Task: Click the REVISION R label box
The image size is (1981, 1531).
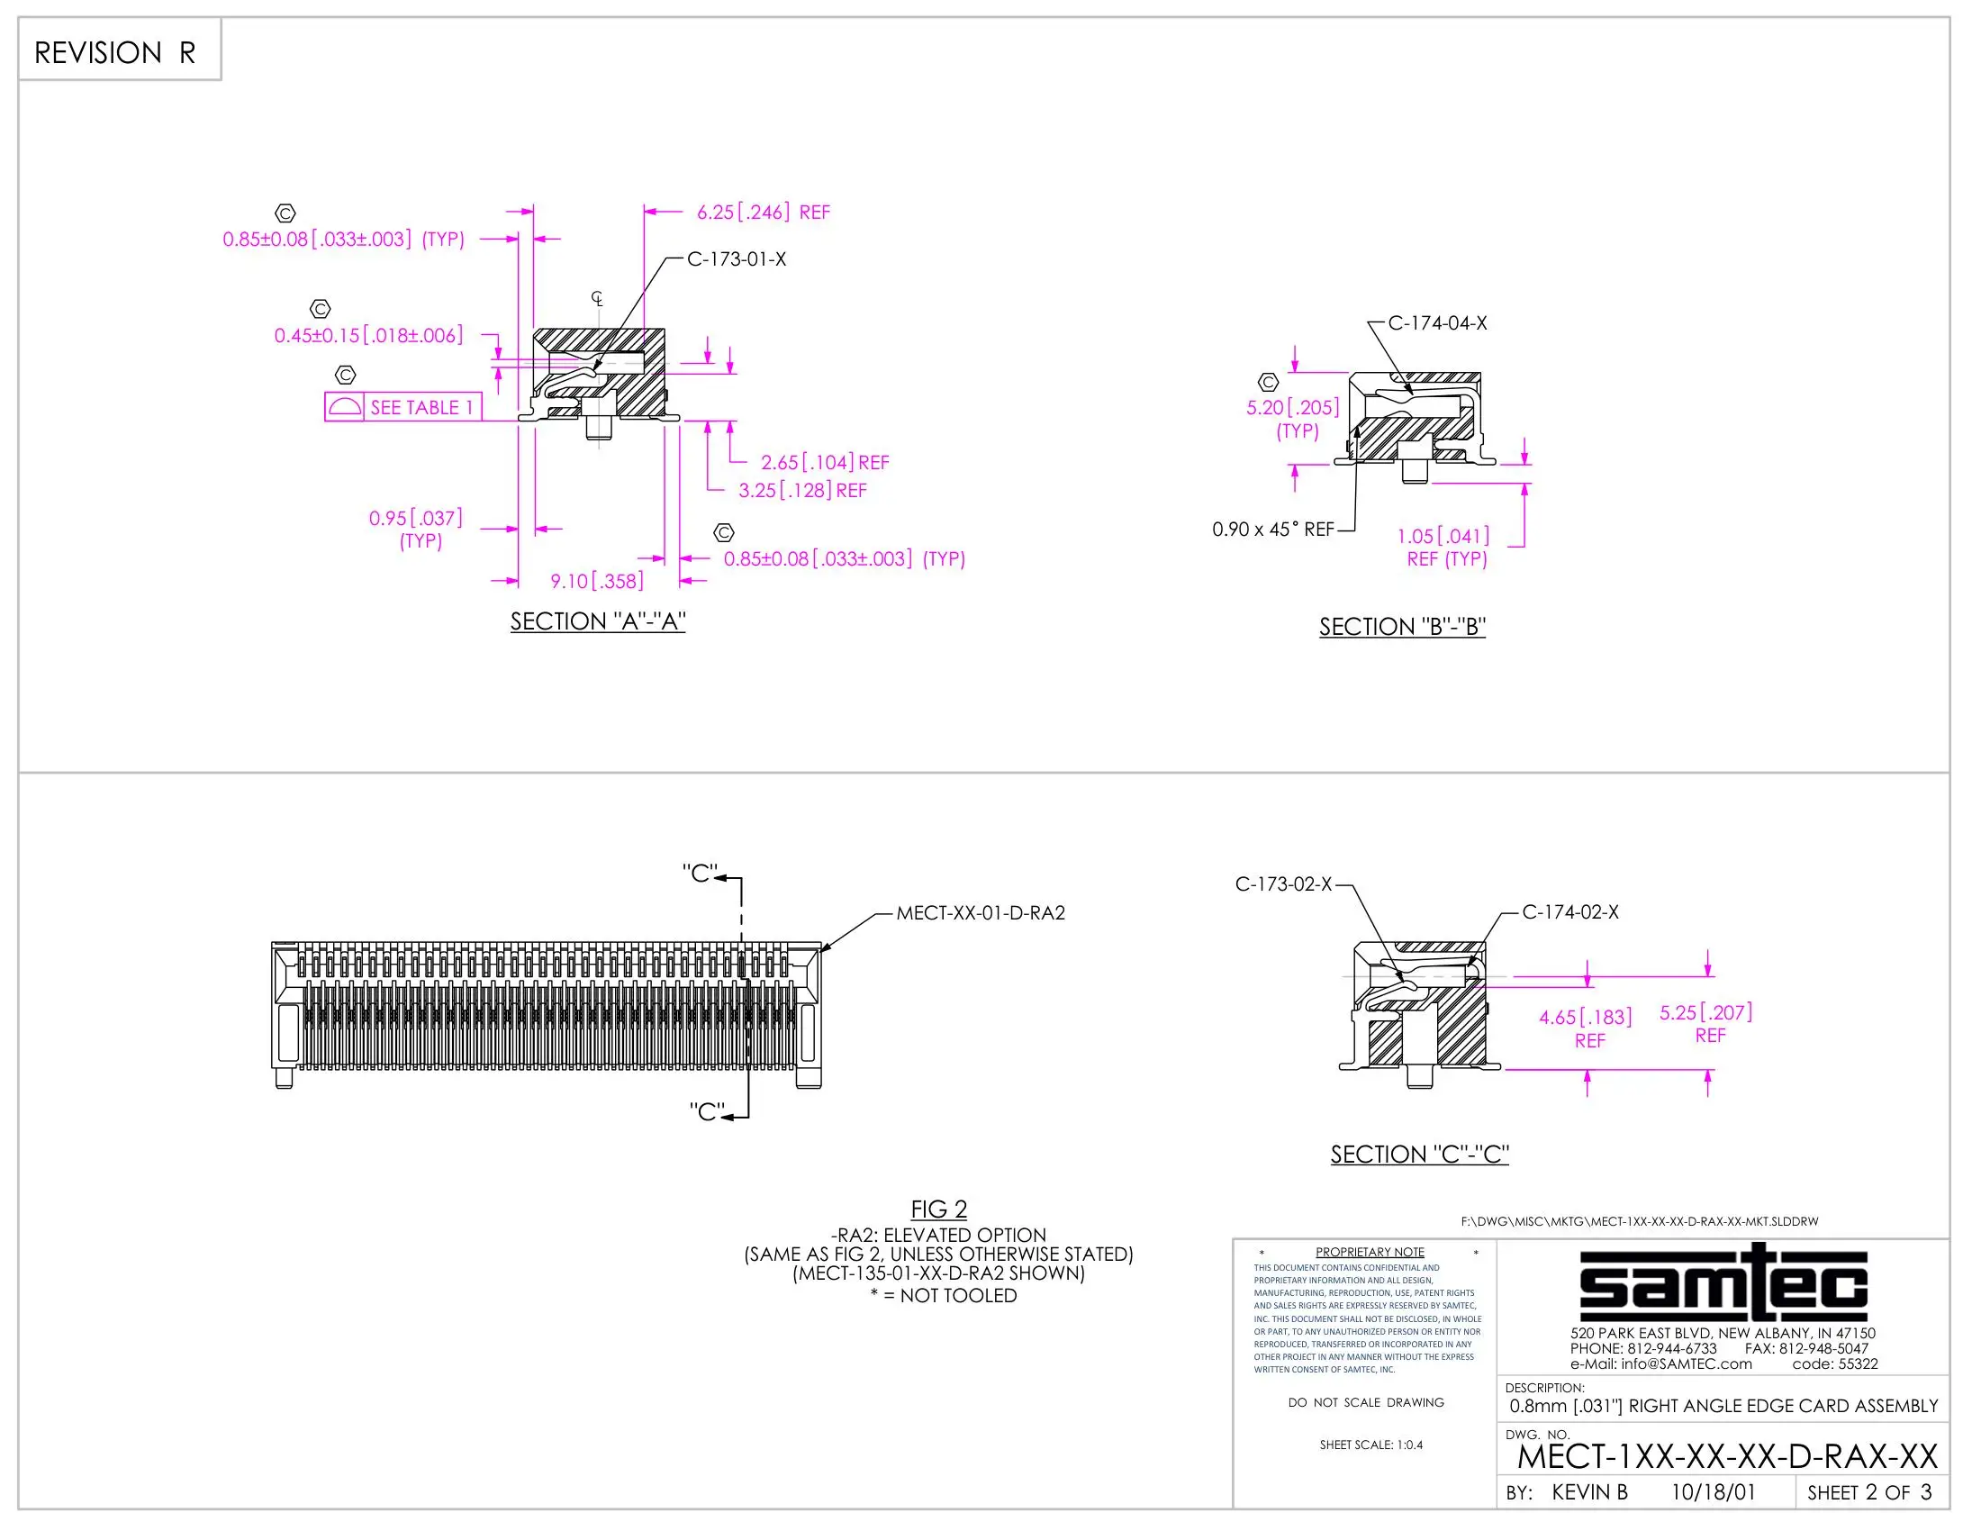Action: click(x=120, y=50)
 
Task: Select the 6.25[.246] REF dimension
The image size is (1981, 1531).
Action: click(x=763, y=213)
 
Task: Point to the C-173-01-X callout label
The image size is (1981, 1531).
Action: click(x=737, y=259)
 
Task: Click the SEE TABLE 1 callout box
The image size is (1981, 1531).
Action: click(x=403, y=407)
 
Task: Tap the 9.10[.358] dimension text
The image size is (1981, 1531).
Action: click(x=597, y=582)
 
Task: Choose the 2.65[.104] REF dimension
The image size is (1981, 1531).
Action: click(x=825, y=463)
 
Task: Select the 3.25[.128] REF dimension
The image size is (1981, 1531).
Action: click(x=801, y=491)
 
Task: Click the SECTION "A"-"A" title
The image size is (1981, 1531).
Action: click(x=598, y=621)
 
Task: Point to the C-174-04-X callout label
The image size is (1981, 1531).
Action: click(x=1438, y=324)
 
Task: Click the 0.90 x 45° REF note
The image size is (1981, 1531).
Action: click(x=1273, y=530)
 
